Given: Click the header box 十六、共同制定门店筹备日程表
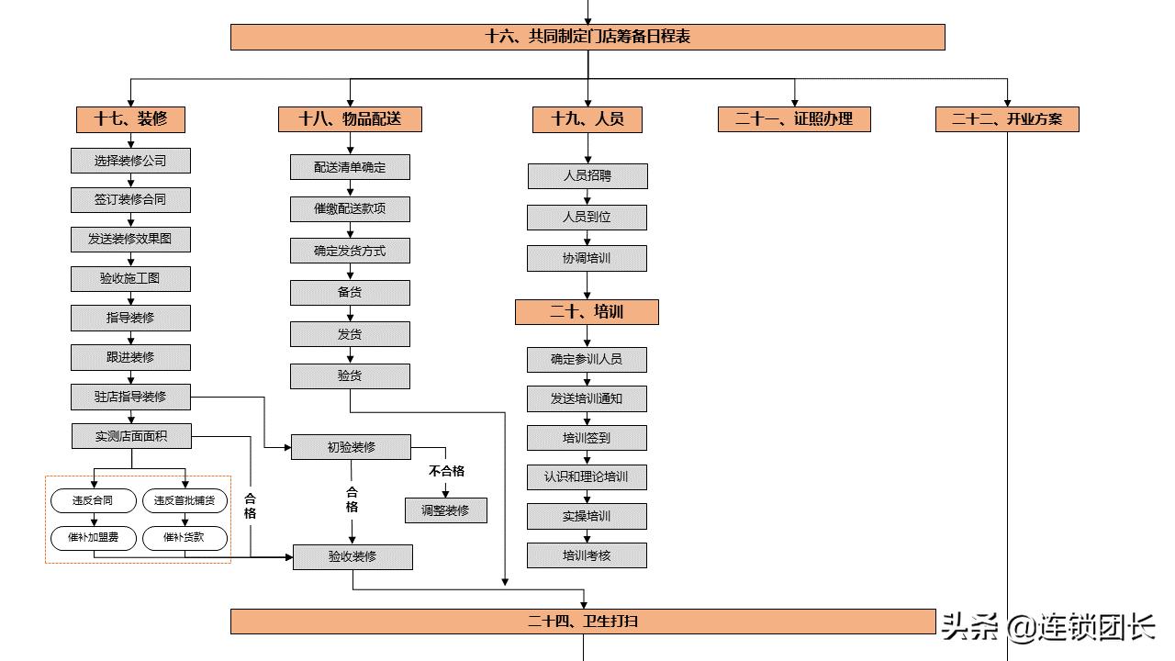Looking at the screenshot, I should [x=587, y=37].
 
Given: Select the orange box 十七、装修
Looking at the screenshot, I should [x=130, y=119].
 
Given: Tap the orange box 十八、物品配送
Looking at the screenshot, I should [x=350, y=119].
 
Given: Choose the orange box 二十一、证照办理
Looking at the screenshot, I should [x=794, y=119].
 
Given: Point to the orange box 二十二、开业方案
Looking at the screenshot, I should [x=1007, y=119].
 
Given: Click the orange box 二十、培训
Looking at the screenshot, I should [x=587, y=312].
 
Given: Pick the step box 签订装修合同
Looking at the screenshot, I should [x=130, y=200].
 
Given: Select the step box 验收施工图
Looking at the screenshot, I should [x=130, y=279].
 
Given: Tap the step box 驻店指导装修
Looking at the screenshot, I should [x=130, y=397].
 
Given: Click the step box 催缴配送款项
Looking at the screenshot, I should [x=350, y=209].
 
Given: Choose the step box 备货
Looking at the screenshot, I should [x=350, y=293].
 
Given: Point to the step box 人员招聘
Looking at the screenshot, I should [x=587, y=176].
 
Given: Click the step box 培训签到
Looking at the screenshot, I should [x=587, y=438].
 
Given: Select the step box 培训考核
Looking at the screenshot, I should [x=587, y=555].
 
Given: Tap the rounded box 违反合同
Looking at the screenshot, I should [x=95, y=501].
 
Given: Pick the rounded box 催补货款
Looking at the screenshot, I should [x=185, y=538].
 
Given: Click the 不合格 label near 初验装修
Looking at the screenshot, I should [x=446, y=471].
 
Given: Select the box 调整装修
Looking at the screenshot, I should [x=446, y=510].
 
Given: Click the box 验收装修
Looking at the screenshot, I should [x=352, y=557].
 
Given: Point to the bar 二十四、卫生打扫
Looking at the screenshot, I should [x=582, y=622].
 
